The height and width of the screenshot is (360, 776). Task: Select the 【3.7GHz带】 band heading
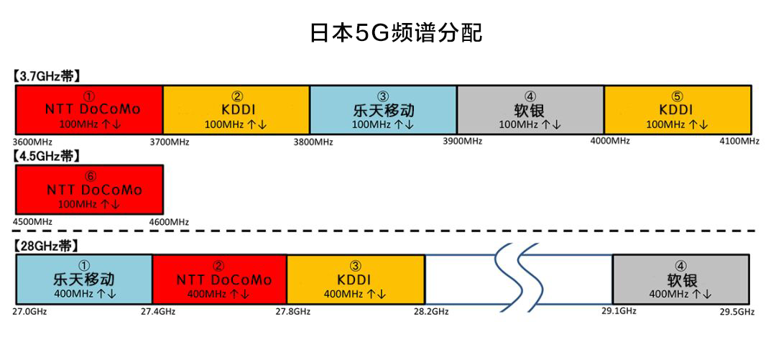(46, 75)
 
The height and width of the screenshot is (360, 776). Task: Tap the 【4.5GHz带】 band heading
(46, 155)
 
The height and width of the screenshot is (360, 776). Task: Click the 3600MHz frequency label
(33, 142)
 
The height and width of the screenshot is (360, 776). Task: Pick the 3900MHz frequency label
(462, 141)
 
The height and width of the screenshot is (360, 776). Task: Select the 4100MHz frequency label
(739, 142)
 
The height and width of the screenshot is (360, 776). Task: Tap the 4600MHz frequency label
(169, 222)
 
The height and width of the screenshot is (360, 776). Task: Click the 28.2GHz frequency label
(431, 311)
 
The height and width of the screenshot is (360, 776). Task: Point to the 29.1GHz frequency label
(619, 311)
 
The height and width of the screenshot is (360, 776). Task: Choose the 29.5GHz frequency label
(736, 312)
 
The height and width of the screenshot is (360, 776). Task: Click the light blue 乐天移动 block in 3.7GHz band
(383, 110)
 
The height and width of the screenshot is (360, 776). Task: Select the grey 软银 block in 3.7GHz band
(530, 110)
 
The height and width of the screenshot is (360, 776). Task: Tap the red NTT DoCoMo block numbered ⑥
(90, 190)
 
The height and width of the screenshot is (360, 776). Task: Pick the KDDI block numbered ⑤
(677, 110)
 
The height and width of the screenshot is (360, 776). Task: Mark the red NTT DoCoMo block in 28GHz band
(219, 280)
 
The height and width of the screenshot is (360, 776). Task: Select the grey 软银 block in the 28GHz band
(680, 280)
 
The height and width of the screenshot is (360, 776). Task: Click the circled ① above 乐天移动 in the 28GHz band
(85, 264)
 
